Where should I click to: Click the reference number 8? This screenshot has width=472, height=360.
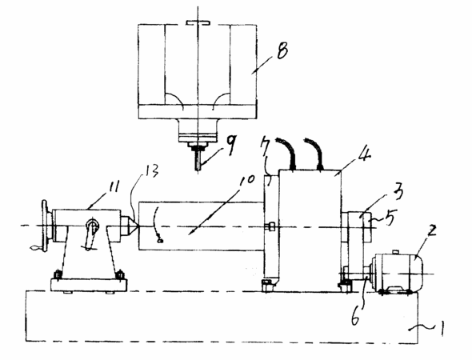[282, 50]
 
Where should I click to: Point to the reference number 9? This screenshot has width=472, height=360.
[231, 145]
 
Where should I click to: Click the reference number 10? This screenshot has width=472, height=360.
[247, 179]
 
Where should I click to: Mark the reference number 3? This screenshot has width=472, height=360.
[398, 193]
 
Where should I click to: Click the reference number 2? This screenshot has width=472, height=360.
[432, 231]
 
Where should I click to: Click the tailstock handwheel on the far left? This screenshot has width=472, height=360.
[45, 226]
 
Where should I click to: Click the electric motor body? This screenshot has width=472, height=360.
[398, 273]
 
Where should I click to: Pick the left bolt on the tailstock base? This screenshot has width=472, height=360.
[57, 275]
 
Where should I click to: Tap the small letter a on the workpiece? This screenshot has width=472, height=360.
[161, 240]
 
